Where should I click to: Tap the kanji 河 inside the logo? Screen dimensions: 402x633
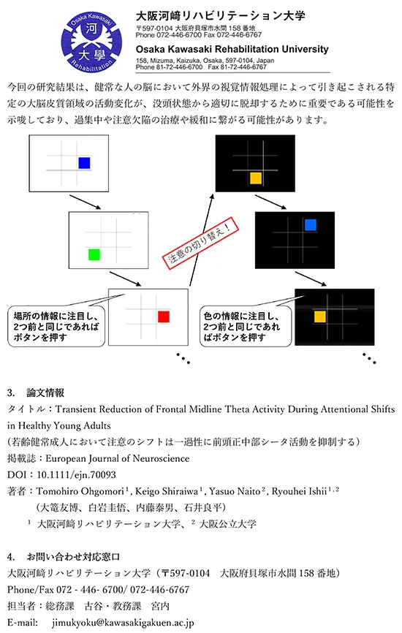tap(91, 29)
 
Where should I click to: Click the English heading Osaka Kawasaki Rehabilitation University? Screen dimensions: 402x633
tap(232, 49)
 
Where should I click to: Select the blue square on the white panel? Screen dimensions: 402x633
tap(84, 163)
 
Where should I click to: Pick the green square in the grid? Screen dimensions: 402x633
tap(94, 254)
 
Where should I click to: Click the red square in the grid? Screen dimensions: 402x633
tap(164, 316)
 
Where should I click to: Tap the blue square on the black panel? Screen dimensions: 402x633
tap(311, 225)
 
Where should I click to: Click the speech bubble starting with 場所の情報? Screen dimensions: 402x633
tap(56, 325)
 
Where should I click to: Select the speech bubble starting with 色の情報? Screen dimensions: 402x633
tap(246, 325)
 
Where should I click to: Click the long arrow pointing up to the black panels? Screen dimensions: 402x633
tap(202, 240)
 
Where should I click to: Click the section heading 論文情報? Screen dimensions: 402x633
tap(45, 393)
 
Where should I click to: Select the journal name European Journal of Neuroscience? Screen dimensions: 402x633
tap(118, 458)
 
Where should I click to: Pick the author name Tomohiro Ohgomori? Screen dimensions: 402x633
tap(80, 491)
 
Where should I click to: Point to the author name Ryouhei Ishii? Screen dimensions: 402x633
tap(299, 491)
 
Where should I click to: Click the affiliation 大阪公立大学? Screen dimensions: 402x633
tap(227, 524)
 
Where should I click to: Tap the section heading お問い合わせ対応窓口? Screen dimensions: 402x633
tap(74, 557)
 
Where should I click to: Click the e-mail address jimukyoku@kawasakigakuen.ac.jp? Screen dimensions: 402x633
tap(123, 623)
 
